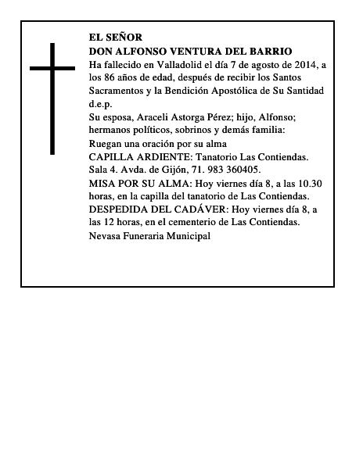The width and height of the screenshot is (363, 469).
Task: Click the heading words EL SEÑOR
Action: (116, 37)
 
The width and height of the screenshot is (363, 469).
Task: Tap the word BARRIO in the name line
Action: (272, 50)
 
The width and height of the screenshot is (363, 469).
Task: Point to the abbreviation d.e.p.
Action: (101, 103)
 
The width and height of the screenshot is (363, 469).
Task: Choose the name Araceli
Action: (157, 116)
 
